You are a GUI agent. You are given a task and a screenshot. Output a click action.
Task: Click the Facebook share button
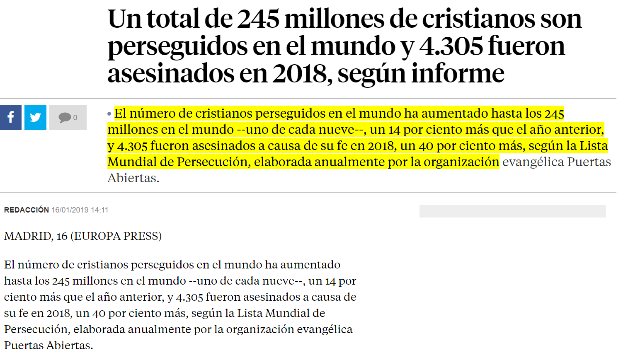tap(11, 118)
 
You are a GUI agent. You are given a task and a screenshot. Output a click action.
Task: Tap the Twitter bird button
tap(35, 118)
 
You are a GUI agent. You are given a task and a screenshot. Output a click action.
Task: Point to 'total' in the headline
tap(172, 19)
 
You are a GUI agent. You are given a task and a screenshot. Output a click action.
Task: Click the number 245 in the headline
tap(258, 19)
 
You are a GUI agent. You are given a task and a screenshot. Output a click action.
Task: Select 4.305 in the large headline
tap(451, 46)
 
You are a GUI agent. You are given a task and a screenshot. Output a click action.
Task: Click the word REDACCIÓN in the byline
tap(27, 210)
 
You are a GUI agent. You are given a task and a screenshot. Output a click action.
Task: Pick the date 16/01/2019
tap(70, 210)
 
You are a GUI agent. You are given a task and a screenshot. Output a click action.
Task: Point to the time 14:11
tap(99, 210)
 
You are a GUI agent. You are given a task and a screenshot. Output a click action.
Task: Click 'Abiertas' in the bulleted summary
tap(133, 178)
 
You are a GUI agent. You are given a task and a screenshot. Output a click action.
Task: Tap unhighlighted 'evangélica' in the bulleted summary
tap(533, 162)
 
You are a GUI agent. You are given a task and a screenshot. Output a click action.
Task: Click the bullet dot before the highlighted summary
tap(109, 114)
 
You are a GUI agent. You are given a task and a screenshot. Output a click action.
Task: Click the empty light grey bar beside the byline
tap(512, 211)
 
